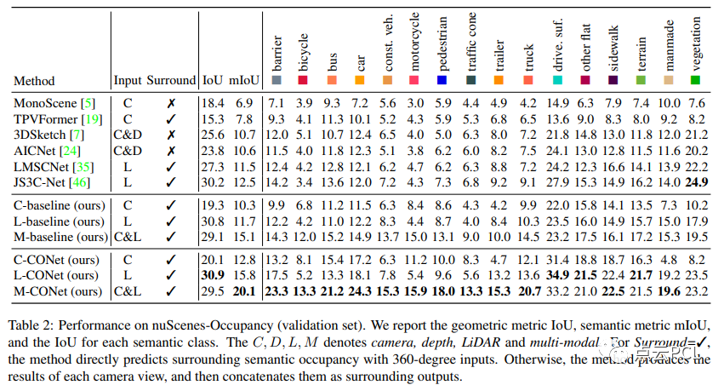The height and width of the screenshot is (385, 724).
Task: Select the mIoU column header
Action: click(243, 80)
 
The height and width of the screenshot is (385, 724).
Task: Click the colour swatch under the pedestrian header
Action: click(442, 80)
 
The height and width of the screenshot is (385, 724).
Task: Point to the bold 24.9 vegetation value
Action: click(696, 181)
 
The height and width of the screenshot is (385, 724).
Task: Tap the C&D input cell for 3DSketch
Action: click(127, 134)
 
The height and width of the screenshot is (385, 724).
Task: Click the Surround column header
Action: click(170, 80)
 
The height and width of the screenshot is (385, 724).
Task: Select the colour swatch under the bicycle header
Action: click(304, 80)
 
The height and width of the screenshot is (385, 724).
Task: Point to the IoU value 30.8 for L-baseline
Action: click(214, 221)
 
